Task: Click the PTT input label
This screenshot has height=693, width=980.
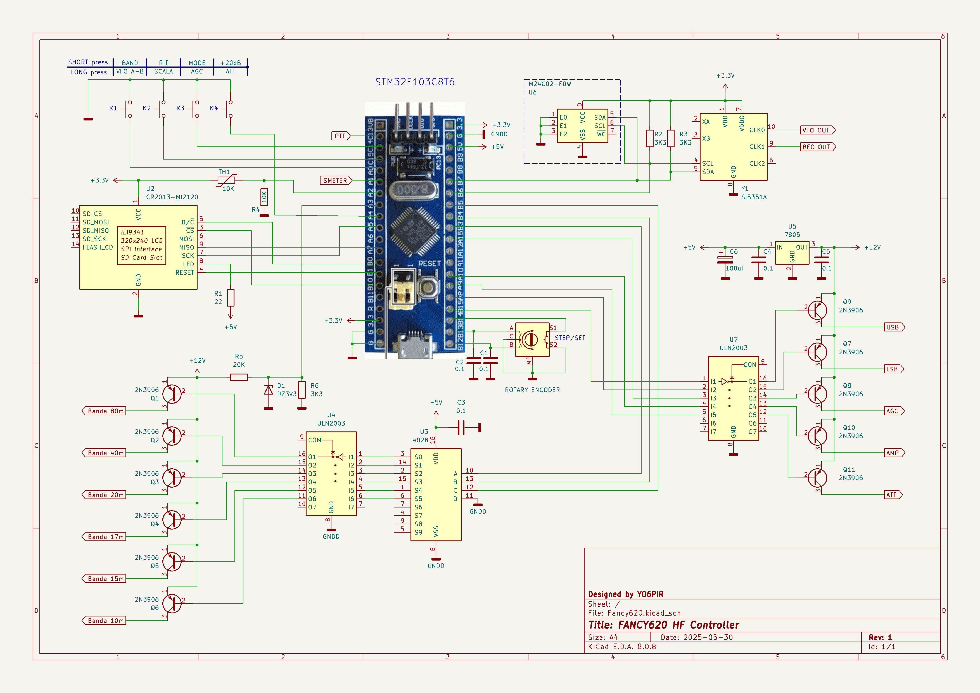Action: click(340, 136)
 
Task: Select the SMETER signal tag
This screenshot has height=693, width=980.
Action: click(336, 181)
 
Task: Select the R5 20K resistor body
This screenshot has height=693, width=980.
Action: click(239, 377)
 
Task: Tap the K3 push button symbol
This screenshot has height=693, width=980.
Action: click(196, 109)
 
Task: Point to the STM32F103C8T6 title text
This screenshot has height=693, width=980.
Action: click(415, 82)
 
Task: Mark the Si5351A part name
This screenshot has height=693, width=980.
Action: click(754, 197)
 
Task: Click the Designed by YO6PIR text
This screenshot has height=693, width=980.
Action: click(626, 594)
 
